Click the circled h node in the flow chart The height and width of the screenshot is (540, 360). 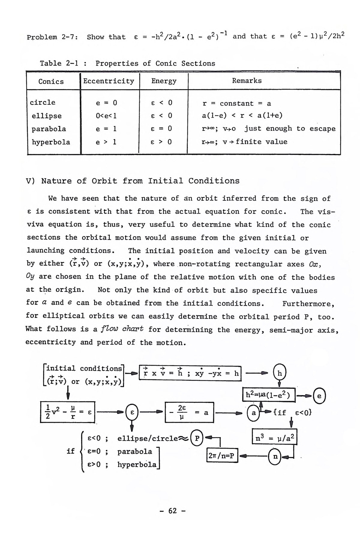280,373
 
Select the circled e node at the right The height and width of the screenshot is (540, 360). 319,396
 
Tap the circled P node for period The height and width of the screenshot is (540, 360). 197,438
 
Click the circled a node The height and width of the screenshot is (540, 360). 254,413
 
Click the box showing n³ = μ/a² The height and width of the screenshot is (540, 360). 274,439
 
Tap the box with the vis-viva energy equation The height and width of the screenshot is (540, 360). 68,412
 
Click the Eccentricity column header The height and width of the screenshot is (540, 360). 109,81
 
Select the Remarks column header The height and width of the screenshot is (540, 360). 247,81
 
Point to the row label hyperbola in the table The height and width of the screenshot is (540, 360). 51,142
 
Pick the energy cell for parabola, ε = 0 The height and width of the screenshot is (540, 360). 161,129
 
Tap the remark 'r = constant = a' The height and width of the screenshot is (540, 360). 237,103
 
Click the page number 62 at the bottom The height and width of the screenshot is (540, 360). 172,511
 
